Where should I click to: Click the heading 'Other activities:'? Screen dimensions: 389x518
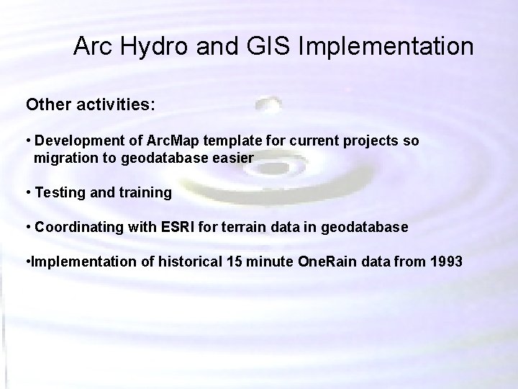click(x=90, y=104)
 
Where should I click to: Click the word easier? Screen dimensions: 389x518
click(x=235, y=158)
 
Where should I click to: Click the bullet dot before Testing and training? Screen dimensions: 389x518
click(x=28, y=193)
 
